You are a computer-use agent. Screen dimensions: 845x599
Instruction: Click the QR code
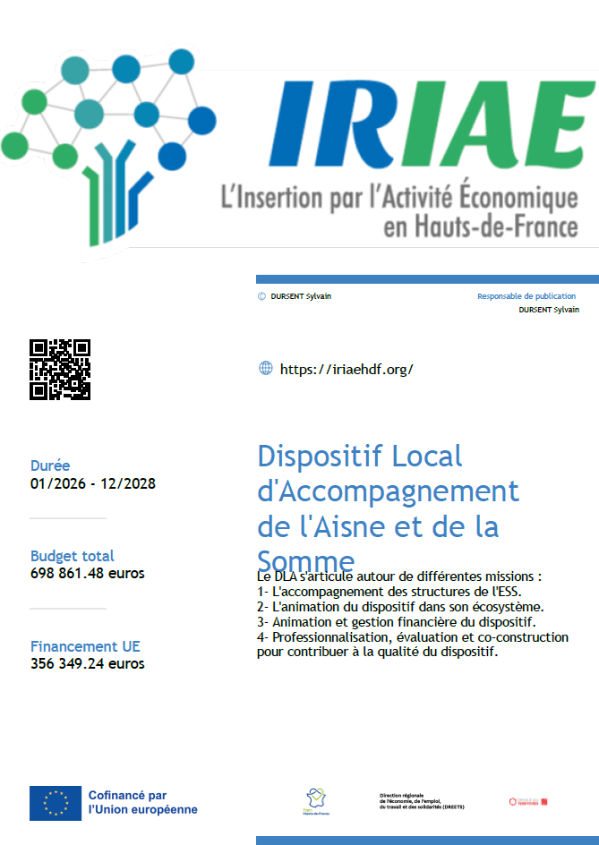click(x=60, y=369)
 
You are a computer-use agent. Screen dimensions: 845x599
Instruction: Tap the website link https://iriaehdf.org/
click(x=347, y=369)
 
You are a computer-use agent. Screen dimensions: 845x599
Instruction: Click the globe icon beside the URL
click(x=265, y=368)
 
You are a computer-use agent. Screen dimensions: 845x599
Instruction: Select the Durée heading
click(x=50, y=465)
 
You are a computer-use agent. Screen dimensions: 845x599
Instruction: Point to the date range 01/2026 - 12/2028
click(x=93, y=483)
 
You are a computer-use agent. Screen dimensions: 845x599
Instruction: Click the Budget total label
click(x=73, y=556)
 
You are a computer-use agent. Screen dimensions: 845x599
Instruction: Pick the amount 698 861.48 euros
click(x=88, y=573)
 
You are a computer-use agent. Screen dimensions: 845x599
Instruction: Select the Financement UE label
click(x=85, y=646)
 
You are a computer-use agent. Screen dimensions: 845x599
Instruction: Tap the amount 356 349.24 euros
click(x=88, y=663)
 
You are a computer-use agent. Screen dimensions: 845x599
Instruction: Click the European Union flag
click(x=56, y=803)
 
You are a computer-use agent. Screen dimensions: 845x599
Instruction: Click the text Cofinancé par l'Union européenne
click(x=142, y=802)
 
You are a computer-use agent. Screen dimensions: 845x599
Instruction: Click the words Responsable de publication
click(x=526, y=296)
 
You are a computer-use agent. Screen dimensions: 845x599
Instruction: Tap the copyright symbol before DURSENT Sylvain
click(x=261, y=296)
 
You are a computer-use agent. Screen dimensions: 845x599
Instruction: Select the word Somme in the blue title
click(x=306, y=561)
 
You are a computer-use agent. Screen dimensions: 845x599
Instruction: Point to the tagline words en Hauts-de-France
click(x=480, y=227)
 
